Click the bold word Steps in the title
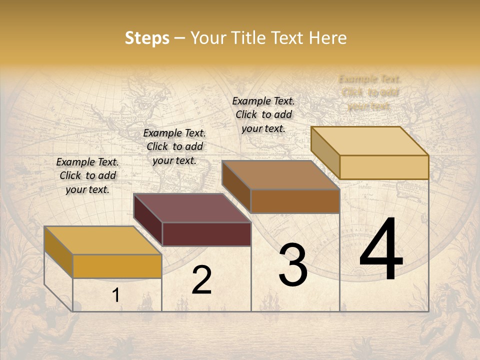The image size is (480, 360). [x=147, y=38]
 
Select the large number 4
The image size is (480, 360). [x=381, y=249]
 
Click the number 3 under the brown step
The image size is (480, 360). [x=292, y=265]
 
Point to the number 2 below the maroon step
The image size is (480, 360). [x=201, y=280]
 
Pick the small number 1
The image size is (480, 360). [x=116, y=295]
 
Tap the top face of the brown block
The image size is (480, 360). [x=281, y=175]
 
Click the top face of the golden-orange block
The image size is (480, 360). [x=103, y=240]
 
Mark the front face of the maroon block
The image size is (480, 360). [x=206, y=234]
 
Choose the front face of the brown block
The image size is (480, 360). [x=295, y=201]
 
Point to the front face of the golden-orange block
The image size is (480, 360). [x=117, y=266]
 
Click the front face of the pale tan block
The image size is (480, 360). [x=384, y=167]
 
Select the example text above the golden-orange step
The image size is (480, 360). [x=87, y=175]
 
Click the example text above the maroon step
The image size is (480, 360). [x=174, y=146]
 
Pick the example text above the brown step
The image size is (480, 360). [x=263, y=114]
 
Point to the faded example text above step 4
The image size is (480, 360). [x=369, y=92]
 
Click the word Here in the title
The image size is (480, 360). [x=329, y=38]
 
